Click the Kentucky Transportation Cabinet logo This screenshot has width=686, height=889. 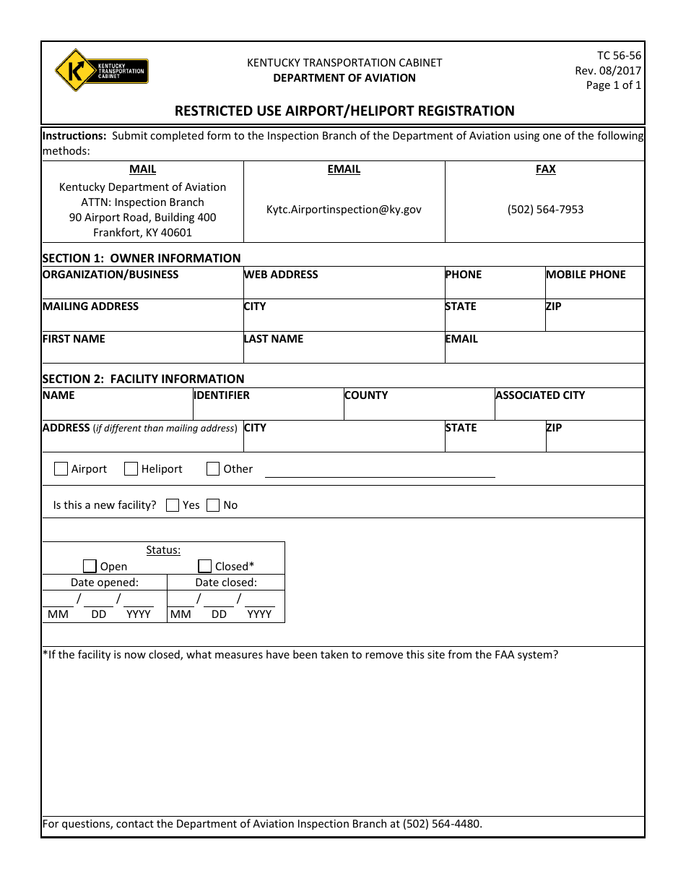[101, 71]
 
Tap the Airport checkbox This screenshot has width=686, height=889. [61, 469]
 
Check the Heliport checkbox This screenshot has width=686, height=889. [131, 469]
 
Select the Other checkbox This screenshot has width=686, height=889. [213, 469]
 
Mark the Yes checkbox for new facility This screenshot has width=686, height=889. [173, 505]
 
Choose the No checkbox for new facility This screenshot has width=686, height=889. [213, 505]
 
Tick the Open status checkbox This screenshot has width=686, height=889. [90, 566]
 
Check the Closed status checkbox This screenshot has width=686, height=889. [205, 566]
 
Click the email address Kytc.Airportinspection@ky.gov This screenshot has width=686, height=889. [344, 210]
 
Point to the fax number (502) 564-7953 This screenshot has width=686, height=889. [545, 210]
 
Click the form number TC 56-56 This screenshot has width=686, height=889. [619, 56]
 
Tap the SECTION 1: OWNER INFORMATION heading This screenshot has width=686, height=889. [142, 258]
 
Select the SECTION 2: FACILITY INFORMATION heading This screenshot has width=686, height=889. [143, 379]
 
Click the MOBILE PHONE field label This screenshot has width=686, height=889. [586, 275]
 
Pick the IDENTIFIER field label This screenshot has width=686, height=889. [222, 395]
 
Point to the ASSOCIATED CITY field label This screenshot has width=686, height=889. [540, 395]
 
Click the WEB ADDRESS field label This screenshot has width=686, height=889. [281, 275]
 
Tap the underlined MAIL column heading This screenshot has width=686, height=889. [142, 169]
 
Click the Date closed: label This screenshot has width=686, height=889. [226, 583]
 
